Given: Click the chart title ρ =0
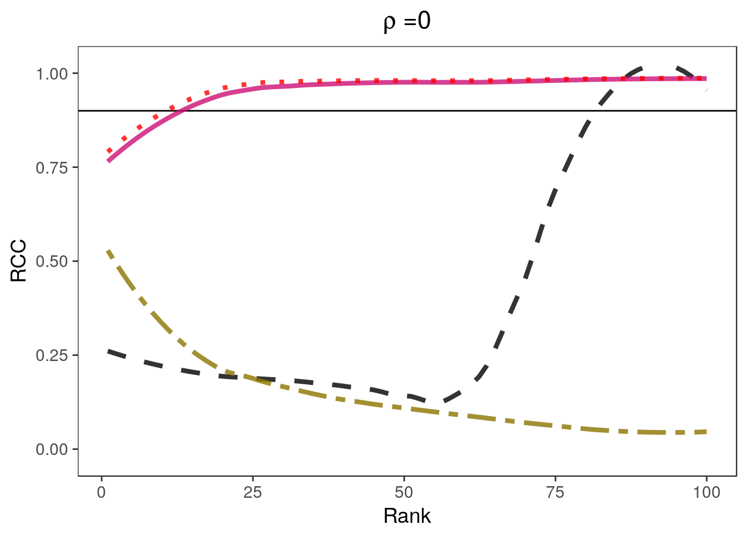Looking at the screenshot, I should click(x=407, y=22).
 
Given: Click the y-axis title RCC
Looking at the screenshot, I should click(x=19, y=261).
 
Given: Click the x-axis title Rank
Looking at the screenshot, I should click(x=407, y=516).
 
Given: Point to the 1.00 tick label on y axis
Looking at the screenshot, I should click(x=52, y=74).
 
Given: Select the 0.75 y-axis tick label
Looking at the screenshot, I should click(x=52, y=168).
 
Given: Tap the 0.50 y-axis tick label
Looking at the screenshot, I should click(x=52, y=261).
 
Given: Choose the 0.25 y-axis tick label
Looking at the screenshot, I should click(x=52, y=355).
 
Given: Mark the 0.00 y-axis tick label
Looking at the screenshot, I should click(x=52, y=449).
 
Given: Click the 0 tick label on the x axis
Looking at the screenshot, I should click(x=102, y=492).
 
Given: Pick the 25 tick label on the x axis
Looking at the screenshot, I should click(x=253, y=492).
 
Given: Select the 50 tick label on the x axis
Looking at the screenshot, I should click(x=404, y=492).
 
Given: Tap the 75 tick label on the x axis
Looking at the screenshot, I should click(x=555, y=492).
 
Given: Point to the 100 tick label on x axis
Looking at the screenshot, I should click(x=706, y=492).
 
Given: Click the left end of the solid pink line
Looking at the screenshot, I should click(x=108, y=161).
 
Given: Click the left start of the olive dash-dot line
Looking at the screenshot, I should click(x=108, y=251).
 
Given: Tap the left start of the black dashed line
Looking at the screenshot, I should click(x=108, y=351).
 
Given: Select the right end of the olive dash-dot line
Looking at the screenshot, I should click(x=706, y=432).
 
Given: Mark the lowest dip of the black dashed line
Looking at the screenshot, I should click(x=436, y=402).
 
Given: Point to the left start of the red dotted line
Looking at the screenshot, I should click(x=109, y=151).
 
